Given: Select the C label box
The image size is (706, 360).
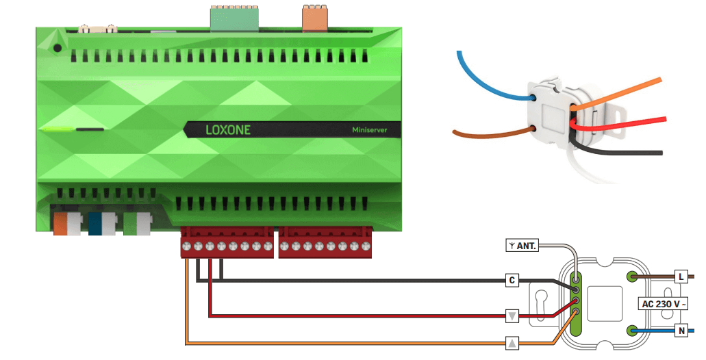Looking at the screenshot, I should [512, 280].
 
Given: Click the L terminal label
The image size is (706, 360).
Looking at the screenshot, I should [681, 277].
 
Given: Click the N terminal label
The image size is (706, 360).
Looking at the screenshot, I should [681, 331].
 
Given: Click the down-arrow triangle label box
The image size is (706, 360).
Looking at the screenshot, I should [512, 316].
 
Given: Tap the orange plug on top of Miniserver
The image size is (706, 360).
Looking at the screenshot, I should [315, 18].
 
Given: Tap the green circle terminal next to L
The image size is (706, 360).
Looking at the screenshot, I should [632, 277].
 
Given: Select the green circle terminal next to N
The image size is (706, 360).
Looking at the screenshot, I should [632, 331].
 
